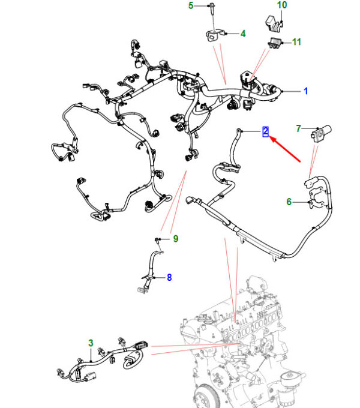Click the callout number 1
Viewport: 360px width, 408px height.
(305, 91)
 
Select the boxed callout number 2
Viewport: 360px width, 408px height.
(265, 131)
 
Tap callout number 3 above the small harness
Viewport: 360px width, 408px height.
(91, 343)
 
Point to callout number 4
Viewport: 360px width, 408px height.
(243, 34)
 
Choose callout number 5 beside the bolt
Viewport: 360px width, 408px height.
(191, 5)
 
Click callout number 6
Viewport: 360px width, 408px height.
(289, 202)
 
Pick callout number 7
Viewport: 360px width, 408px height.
(298, 128)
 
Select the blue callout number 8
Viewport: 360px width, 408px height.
(169, 277)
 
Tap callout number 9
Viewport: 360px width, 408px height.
(176, 239)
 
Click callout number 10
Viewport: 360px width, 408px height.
(282, 5)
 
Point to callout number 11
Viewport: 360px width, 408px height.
(297, 42)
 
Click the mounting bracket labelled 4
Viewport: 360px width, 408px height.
(214, 35)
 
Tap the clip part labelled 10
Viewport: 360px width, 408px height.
(274, 23)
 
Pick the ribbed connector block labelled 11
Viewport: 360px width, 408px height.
(274, 43)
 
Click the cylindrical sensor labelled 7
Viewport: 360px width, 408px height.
(321, 133)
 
